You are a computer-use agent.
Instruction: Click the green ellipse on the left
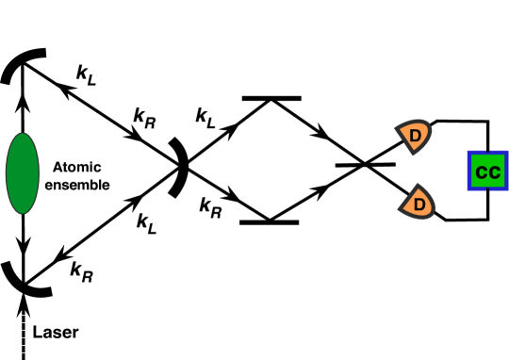(x=23, y=173)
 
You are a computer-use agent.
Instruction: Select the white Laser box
(x=57, y=333)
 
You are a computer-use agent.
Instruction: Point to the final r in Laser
(x=75, y=334)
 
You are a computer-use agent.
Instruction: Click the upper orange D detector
(x=414, y=136)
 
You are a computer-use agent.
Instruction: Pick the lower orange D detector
(x=418, y=203)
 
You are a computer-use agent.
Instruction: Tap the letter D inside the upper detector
(x=415, y=137)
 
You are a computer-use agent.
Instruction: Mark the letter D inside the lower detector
(x=419, y=204)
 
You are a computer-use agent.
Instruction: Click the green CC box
(x=487, y=172)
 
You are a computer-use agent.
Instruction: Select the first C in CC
(x=482, y=172)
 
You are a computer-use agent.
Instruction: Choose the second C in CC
(x=495, y=172)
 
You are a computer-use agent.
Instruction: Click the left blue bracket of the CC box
(x=469, y=171)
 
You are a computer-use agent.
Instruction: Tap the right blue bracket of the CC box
(x=506, y=171)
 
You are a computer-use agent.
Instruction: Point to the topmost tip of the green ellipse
(x=23, y=134)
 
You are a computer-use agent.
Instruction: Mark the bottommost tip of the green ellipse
(x=23, y=213)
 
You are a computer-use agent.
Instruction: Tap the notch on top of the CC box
(x=488, y=153)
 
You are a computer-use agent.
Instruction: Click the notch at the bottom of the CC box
(x=488, y=188)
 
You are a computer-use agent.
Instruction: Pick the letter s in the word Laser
(x=58, y=334)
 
